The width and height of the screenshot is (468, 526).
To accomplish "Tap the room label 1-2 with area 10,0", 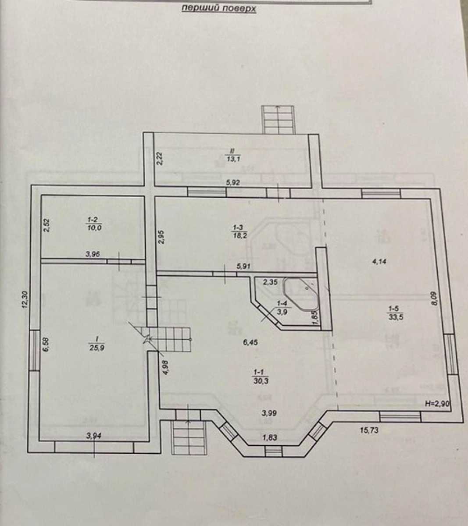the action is click(x=94, y=224).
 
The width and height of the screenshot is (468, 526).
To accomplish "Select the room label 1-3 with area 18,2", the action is click(x=239, y=231).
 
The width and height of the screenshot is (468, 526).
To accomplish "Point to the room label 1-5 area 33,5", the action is click(x=396, y=313).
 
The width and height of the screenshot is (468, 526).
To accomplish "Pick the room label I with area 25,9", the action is click(x=96, y=343).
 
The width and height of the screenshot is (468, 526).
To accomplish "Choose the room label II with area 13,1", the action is click(x=233, y=155).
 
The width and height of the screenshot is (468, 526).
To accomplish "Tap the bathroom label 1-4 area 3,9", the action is click(x=282, y=308).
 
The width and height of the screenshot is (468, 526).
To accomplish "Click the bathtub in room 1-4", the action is click(x=301, y=294).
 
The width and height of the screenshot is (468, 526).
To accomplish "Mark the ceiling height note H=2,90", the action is click(x=437, y=404).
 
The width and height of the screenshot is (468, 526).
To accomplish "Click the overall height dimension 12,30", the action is click(x=25, y=299).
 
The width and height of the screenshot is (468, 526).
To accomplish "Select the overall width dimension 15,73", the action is click(x=369, y=430).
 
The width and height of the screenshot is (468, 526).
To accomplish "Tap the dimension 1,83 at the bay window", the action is click(x=270, y=437).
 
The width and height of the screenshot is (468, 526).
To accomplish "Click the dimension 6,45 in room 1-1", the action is click(x=250, y=342).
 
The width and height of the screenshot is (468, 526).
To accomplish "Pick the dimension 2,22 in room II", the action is click(x=160, y=158).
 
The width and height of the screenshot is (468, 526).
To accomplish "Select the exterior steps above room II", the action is click(x=278, y=120).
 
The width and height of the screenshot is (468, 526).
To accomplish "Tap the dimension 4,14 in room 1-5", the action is click(x=379, y=261).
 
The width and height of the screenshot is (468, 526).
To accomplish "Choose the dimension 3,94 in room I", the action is click(x=93, y=436).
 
